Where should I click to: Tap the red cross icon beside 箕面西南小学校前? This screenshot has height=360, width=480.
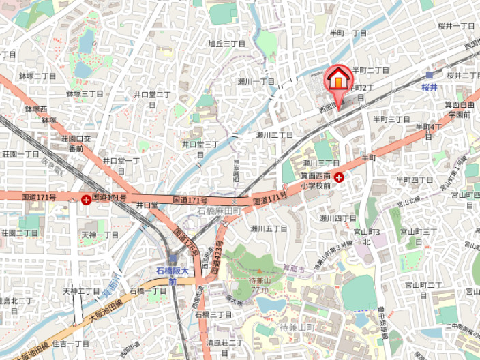[x=339, y=176]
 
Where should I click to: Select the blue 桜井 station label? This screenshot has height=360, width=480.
[x=428, y=87]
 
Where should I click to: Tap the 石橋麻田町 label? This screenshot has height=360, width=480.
[x=220, y=212]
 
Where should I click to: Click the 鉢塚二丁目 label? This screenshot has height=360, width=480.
[x=37, y=76]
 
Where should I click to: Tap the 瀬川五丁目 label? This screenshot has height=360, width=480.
[x=269, y=228]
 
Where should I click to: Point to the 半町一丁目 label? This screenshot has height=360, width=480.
[x=349, y=33]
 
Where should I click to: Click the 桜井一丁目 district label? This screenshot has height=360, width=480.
[x=456, y=25]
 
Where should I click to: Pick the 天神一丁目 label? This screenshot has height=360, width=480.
[x=100, y=234]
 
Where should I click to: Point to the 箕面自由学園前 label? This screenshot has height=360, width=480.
[x=458, y=109]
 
